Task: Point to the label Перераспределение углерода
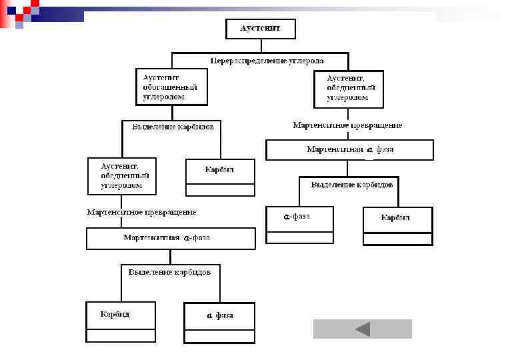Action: (267, 61)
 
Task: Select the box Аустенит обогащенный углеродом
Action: (171, 87)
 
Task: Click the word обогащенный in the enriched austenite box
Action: (171, 87)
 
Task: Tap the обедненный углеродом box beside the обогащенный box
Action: (349, 89)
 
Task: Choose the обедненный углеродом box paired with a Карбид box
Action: (122, 176)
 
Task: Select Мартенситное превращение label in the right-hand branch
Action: (347, 125)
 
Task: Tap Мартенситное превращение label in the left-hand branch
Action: (142, 212)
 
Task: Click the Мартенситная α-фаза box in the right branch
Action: (349, 149)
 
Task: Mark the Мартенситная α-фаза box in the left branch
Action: (171, 238)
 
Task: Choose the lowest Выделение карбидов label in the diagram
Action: (170, 272)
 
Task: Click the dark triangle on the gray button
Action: (363, 329)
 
